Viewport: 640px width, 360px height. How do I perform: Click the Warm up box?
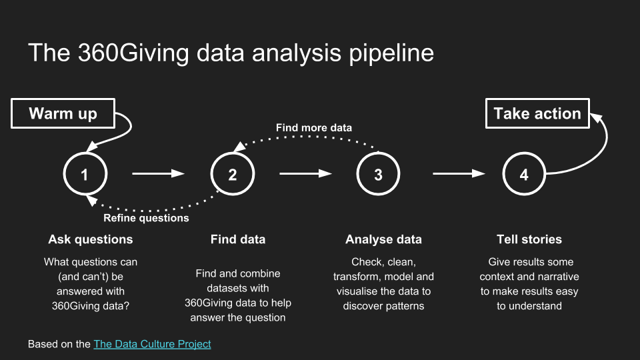63,113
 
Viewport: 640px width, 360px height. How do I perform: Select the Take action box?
537,113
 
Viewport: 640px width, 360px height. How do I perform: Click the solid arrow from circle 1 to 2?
159,174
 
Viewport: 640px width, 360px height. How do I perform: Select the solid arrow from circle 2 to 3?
306,174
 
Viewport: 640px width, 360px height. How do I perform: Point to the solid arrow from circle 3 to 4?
459,174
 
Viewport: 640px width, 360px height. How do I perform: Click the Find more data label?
314,128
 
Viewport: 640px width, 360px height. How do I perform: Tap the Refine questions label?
146,218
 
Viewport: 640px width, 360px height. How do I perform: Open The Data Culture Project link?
152,344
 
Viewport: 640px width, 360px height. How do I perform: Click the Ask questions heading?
91,239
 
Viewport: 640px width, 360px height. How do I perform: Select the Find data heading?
238,239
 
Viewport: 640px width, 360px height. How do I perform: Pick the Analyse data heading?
384,239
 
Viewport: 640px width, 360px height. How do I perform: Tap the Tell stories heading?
529,239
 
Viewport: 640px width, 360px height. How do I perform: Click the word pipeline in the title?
391,53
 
